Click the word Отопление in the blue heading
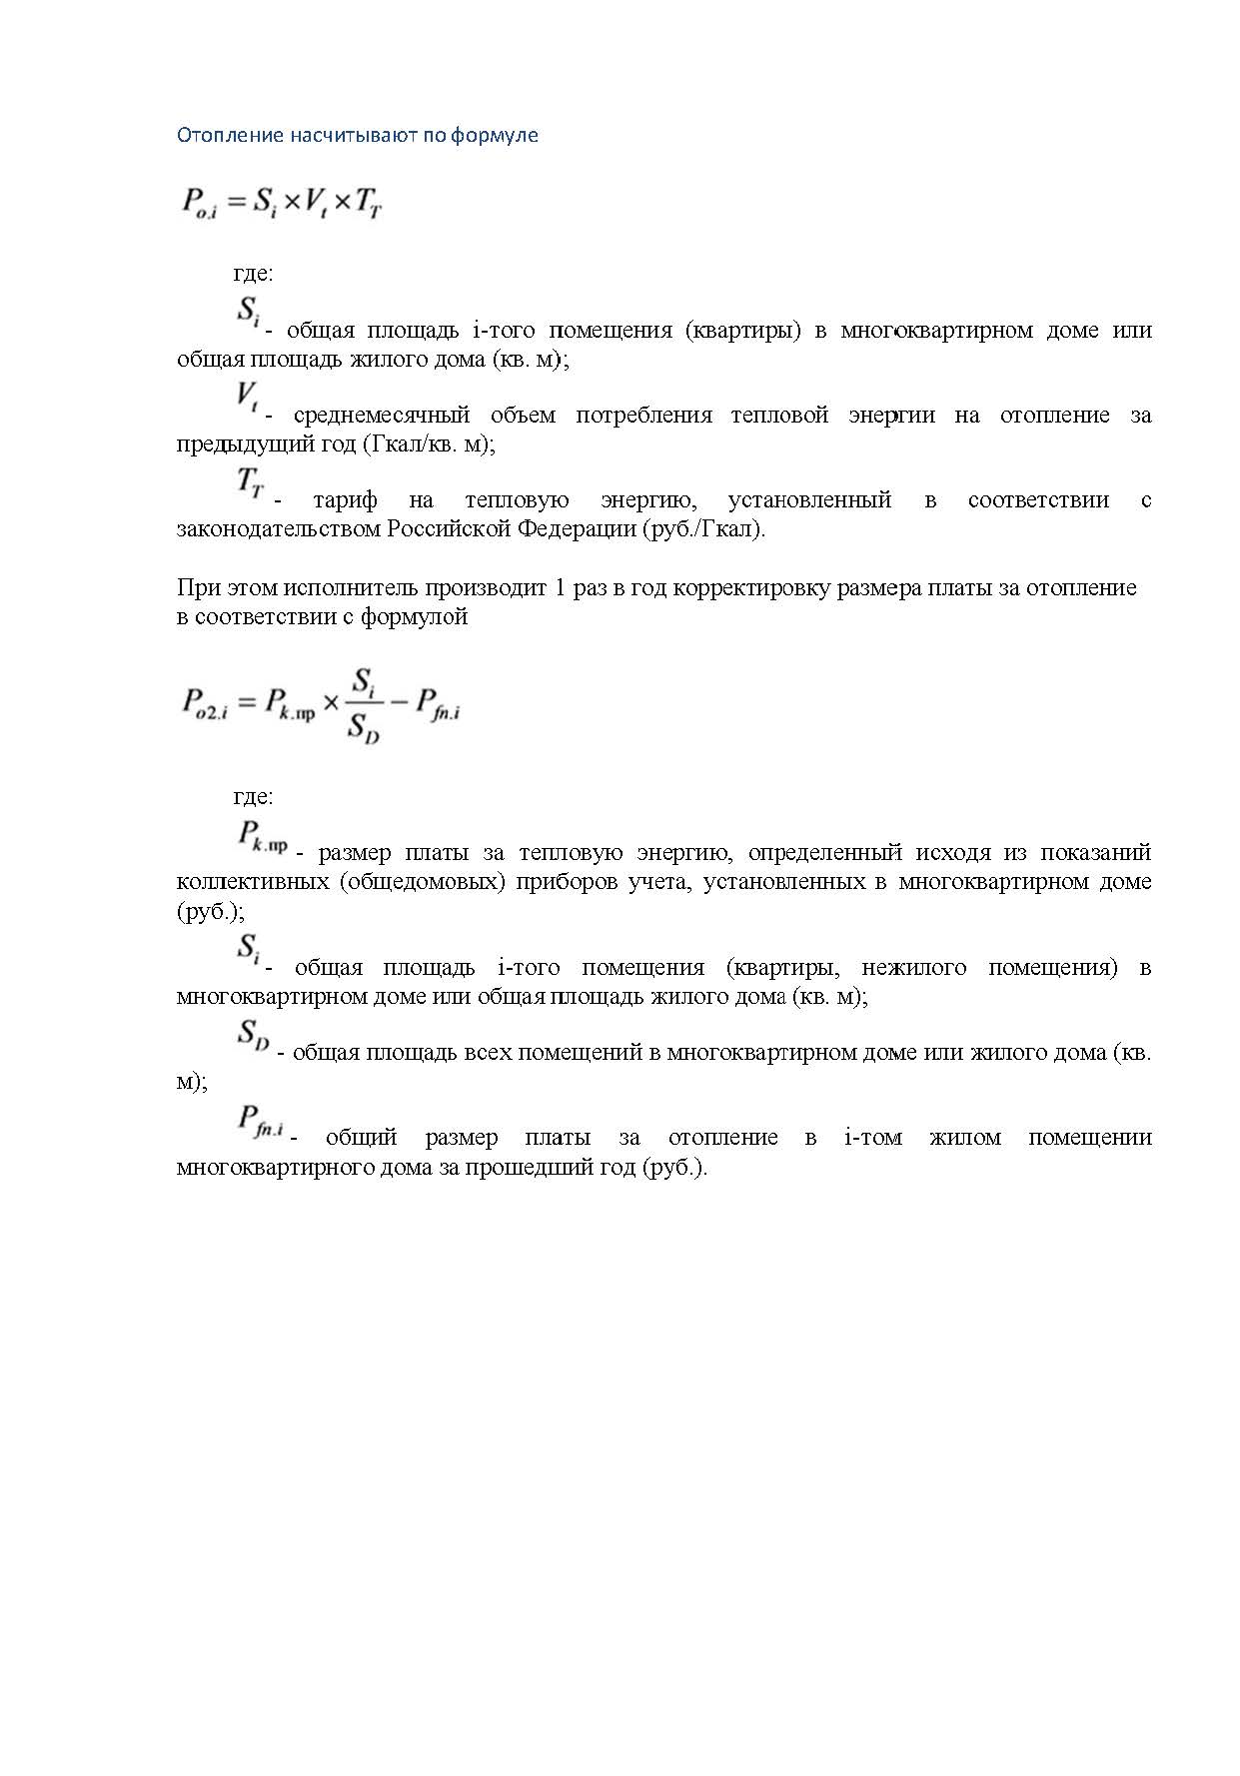click(230, 135)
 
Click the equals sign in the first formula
click(235, 203)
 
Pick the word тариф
click(345, 500)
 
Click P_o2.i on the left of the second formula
click(205, 704)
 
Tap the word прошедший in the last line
click(516, 1167)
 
